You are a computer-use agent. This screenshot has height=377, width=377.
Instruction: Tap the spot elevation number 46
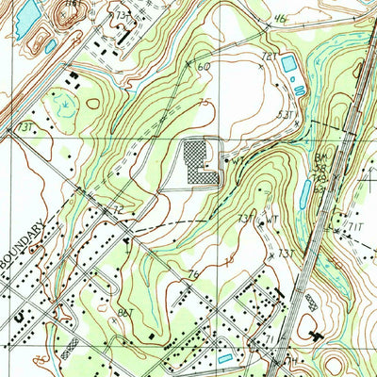coord(280,18)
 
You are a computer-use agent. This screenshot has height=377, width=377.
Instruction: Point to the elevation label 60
coord(204,66)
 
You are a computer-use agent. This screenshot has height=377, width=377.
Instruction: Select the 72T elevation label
coord(270,57)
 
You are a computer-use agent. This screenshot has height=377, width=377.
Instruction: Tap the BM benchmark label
coord(320,156)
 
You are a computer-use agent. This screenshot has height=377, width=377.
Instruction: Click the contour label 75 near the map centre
coord(205,103)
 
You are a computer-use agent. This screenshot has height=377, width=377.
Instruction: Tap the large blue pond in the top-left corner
coord(28,13)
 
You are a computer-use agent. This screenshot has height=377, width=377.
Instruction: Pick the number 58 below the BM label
coord(320,168)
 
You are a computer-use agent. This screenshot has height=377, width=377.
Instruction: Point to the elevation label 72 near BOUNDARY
coord(119,208)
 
